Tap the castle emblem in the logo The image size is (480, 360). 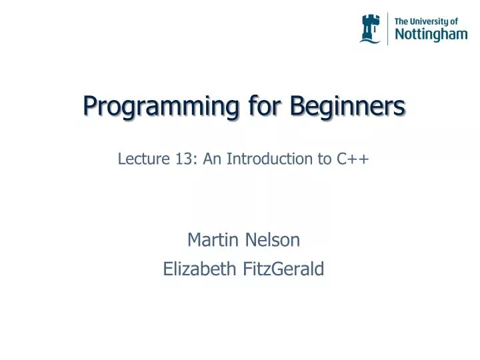[x=370, y=29]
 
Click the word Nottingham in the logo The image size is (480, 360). [x=431, y=34]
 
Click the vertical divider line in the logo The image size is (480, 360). [x=387, y=29]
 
